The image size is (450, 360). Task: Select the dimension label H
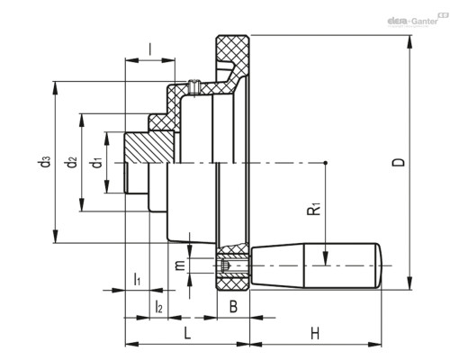click(315, 333)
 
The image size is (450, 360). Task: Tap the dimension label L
click(187, 333)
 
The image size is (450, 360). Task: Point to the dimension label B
click(233, 307)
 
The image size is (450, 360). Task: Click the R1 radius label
click(314, 209)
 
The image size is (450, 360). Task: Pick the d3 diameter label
click(44, 161)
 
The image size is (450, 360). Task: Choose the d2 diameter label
click(70, 162)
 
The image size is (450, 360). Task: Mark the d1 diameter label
click(97, 162)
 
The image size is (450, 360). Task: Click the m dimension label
click(180, 265)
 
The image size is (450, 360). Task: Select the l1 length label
click(137, 279)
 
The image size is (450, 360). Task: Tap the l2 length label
click(158, 307)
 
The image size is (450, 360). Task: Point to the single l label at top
click(150, 49)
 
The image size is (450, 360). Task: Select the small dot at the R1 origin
click(326, 163)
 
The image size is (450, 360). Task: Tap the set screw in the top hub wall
click(193, 86)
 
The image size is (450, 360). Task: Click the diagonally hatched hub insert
click(149, 148)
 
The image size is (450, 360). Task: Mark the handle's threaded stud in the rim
click(233, 265)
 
